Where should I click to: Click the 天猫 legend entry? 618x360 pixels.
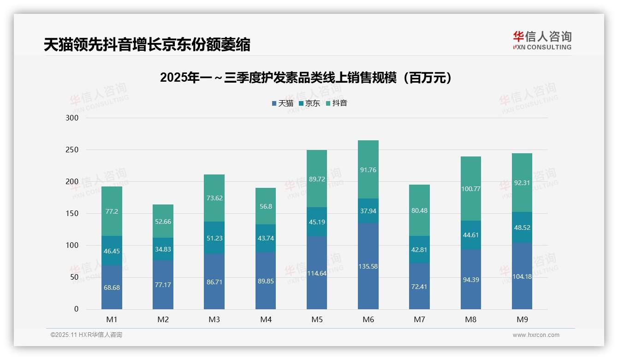tap(283, 103)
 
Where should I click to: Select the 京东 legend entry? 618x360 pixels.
tap(309, 103)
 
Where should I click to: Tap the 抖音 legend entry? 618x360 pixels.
tap(337, 103)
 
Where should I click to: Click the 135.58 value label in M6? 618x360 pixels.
tap(368, 266)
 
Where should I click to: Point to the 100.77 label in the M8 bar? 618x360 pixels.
tap(470, 188)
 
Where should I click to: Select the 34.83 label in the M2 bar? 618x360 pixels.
tap(163, 249)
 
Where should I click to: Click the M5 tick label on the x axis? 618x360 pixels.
tap(317, 319)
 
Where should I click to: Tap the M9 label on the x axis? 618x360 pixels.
tap(522, 319)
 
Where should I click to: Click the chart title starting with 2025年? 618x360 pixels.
tap(305, 78)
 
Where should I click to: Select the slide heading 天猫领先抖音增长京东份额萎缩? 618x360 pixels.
tap(147, 44)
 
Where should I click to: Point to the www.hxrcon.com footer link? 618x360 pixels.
tap(536, 335)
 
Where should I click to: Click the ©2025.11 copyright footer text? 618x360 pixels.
tap(86, 335)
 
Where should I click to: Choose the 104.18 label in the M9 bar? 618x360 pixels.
tap(522, 276)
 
